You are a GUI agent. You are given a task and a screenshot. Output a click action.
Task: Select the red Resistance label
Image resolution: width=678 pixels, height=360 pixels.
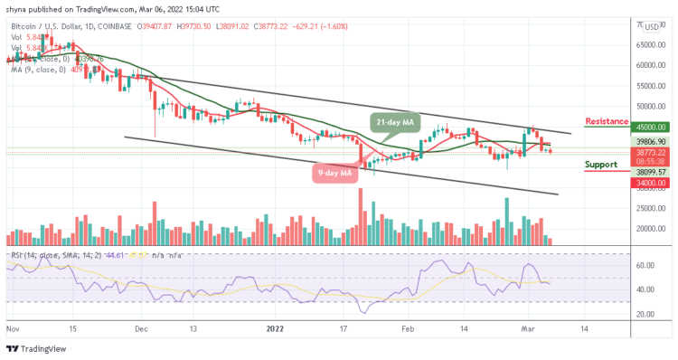pyautogui.click(x=607, y=121)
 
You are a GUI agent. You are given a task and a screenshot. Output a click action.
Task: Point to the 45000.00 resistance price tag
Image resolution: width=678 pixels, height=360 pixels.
pyautogui.click(x=652, y=128)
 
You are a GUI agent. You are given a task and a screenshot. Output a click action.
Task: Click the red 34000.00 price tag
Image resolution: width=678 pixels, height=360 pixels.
pyautogui.click(x=652, y=183)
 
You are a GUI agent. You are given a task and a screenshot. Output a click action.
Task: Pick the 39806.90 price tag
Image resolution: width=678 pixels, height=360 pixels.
pyautogui.click(x=652, y=142)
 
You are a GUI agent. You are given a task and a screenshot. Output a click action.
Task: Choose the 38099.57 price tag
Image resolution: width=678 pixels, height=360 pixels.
pyautogui.click(x=652, y=172)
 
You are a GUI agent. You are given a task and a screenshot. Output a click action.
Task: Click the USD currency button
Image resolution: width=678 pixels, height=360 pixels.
pyautogui.click(x=652, y=27)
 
